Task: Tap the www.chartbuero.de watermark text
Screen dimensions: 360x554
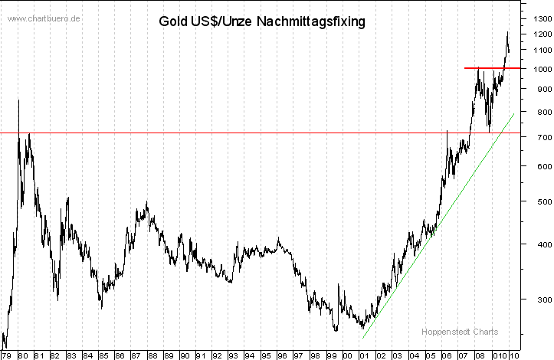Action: pos(44,18)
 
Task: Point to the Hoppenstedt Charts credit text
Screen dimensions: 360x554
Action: pos(460,332)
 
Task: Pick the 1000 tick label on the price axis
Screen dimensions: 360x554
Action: pos(539,69)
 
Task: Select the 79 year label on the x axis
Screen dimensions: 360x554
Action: pos(7,355)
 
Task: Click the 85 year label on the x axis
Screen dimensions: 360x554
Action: pos(103,355)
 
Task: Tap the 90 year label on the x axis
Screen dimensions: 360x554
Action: pos(184,355)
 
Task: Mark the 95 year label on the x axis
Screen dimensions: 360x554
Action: pos(265,355)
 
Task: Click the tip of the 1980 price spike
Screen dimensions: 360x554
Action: pos(19,100)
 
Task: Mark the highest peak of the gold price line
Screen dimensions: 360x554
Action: pos(507,32)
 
